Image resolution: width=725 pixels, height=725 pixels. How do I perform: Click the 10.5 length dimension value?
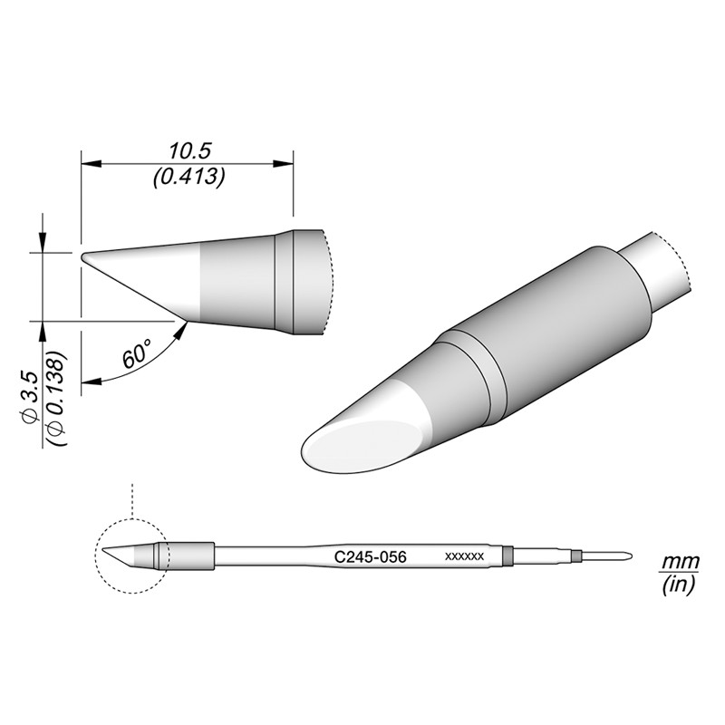(x=187, y=150)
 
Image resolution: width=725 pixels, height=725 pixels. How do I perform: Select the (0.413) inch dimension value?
(x=187, y=178)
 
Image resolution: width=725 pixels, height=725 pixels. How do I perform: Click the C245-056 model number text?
(x=370, y=556)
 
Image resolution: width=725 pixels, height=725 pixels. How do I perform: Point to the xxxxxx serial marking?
(x=466, y=556)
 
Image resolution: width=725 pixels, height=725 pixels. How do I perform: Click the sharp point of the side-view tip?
(x=83, y=256)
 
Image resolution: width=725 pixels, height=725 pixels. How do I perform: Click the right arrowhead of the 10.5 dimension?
(x=288, y=164)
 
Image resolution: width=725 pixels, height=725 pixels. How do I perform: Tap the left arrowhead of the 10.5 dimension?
(x=88, y=164)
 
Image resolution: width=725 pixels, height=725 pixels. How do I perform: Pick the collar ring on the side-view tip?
(x=285, y=283)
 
